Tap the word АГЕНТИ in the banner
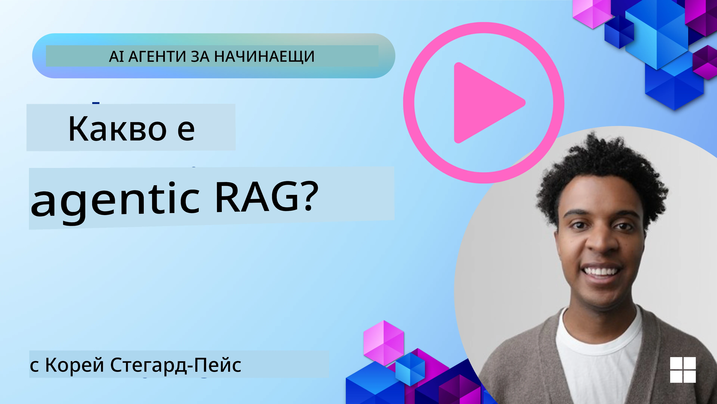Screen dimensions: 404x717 pos(157,57)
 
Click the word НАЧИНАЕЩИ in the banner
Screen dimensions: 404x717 pos(264,57)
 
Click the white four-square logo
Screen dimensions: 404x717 pos(683,370)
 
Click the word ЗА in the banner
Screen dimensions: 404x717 pos(200,57)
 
